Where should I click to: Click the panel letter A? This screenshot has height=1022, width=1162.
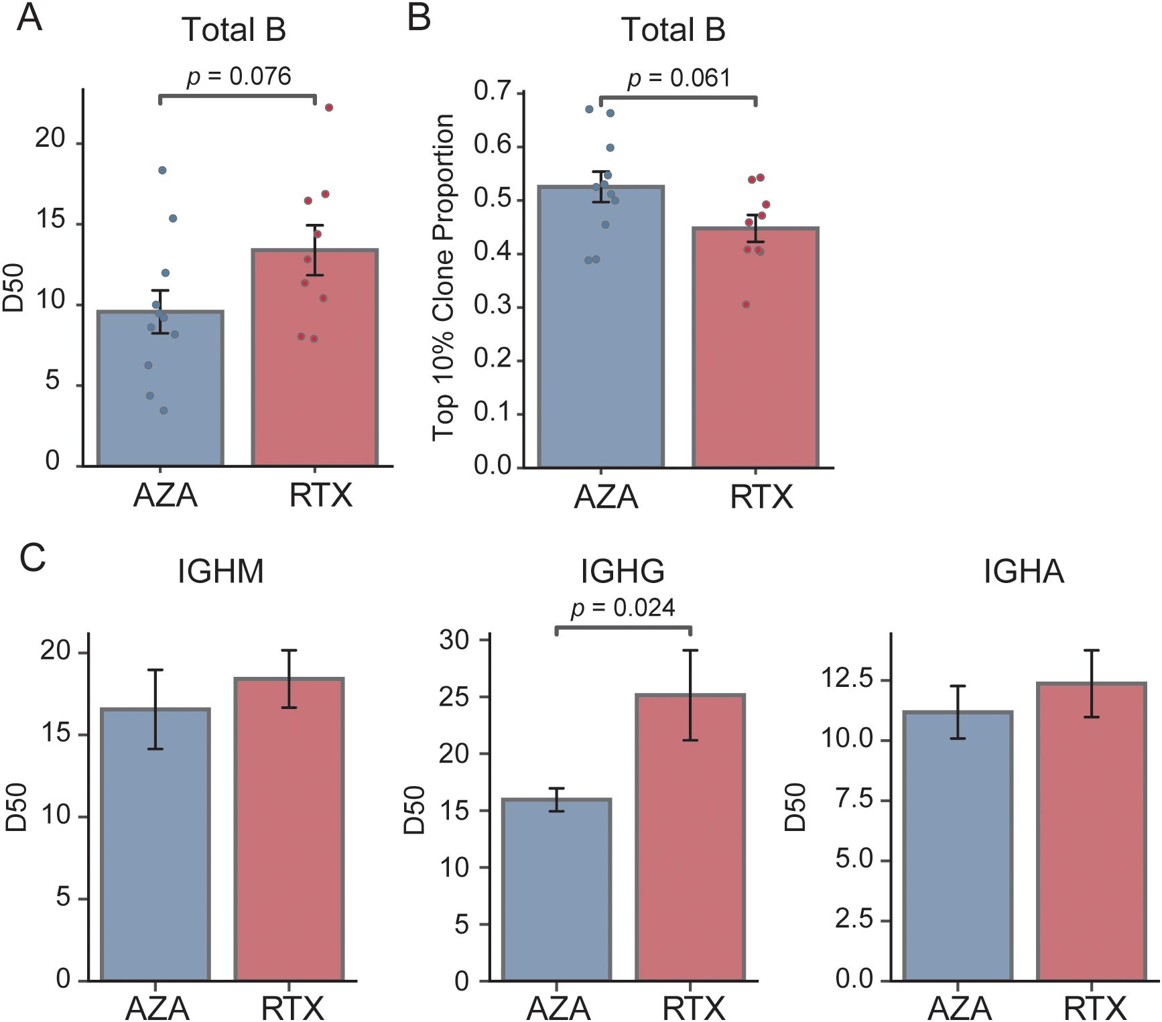pyautogui.click(x=29, y=18)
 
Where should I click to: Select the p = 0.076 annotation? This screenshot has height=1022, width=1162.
pyautogui.click(x=239, y=77)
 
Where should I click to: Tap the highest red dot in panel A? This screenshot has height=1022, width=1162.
pyautogui.click(x=329, y=108)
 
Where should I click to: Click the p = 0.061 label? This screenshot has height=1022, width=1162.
pyautogui.click(x=678, y=79)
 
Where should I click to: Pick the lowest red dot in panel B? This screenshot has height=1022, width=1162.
pyautogui.click(x=746, y=305)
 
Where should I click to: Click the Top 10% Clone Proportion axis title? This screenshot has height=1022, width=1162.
pyautogui.click(x=443, y=277)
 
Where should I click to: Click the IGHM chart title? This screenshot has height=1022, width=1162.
pyautogui.click(x=220, y=572)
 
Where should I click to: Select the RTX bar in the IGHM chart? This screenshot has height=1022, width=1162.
pyautogui.click(x=289, y=838)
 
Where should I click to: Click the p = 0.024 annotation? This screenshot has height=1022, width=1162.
pyautogui.click(x=623, y=608)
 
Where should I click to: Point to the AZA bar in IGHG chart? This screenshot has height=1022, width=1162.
pyautogui.click(x=556, y=898)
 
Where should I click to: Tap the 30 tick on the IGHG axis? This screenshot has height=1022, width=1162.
pyautogui.click(x=454, y=640)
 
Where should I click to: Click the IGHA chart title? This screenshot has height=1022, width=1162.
pyautogui.click(x=1023, y=572)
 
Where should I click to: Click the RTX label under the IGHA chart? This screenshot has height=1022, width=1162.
pyautogui.click(x=1095, y=1007)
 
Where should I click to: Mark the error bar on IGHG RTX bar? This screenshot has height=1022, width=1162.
pyautogui.click(x=690, y=695)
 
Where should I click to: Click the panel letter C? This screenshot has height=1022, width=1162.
pyautogui.click(x=32, y=558)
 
